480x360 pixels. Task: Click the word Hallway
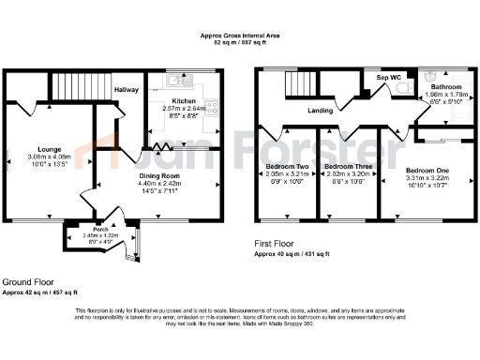(x=127, y=90)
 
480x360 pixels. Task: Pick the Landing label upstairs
(x=322, y=110)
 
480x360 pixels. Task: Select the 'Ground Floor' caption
(x=28, y=281)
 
